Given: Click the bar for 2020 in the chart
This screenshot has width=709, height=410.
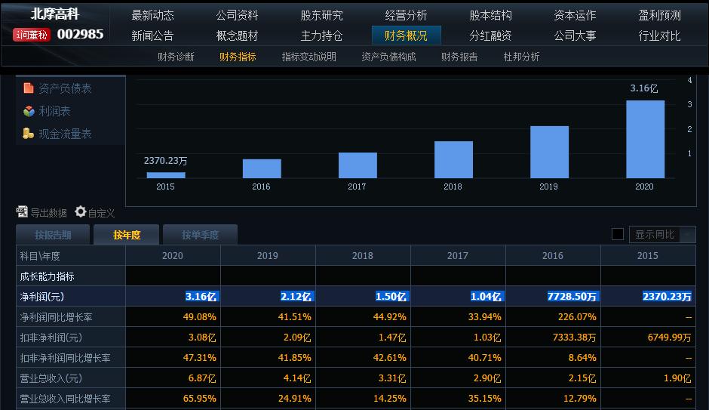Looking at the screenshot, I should [645, 140].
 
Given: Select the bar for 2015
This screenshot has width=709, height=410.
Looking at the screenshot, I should [165, 174].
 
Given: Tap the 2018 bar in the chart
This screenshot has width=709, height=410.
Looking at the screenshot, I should [453, 159].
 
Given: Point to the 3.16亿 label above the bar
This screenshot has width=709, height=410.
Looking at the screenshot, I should [644, 88].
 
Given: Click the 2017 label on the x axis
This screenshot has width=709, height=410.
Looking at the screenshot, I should [357, 187].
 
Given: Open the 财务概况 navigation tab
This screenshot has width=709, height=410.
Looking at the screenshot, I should [406, 35].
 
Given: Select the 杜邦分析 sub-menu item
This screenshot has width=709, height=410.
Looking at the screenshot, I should [521, 57].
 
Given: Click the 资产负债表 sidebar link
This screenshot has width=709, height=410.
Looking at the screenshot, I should [65, 88].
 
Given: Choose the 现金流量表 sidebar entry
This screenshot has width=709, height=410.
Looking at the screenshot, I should [65, 134].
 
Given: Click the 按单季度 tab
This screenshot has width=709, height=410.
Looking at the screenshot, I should [200, 235].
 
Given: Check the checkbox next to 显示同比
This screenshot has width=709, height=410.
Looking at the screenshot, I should [617, 234].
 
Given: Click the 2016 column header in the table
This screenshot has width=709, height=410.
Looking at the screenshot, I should [552, 256].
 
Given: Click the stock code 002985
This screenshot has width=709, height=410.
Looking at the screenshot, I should [80, 34].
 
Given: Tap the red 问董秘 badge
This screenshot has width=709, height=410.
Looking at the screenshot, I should [32, 35].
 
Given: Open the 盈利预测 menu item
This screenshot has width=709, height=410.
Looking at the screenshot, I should [658, 15].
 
